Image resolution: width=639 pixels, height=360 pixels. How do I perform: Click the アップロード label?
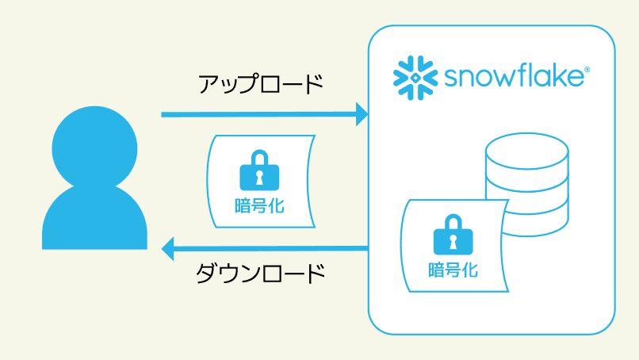click(x=261, y=83)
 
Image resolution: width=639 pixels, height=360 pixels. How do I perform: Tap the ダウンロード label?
click(x=261, y=274)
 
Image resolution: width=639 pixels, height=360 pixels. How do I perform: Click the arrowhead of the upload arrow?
click(x=362, y=114)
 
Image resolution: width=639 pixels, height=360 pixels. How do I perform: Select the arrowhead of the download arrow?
click(x=168, y=249)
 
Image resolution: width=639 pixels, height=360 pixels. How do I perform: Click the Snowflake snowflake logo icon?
click(x=413, y=77)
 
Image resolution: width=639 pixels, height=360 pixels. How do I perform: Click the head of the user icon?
click(x=94, y=144)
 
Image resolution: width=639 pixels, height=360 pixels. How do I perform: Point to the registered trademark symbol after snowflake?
click(x=587, y=70)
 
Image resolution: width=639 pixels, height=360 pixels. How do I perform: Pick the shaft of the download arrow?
click(x=270, y=249)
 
